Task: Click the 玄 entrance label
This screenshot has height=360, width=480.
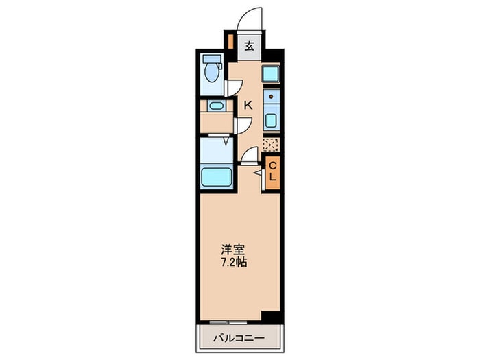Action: (x=250, y=47)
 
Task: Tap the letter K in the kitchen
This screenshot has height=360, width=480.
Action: (x=249, y=105)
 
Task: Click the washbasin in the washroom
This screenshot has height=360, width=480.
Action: (x=215, y=106)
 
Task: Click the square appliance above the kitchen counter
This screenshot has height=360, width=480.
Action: (x=270, y=73)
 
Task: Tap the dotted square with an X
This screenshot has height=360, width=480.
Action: (x=271, y=145)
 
